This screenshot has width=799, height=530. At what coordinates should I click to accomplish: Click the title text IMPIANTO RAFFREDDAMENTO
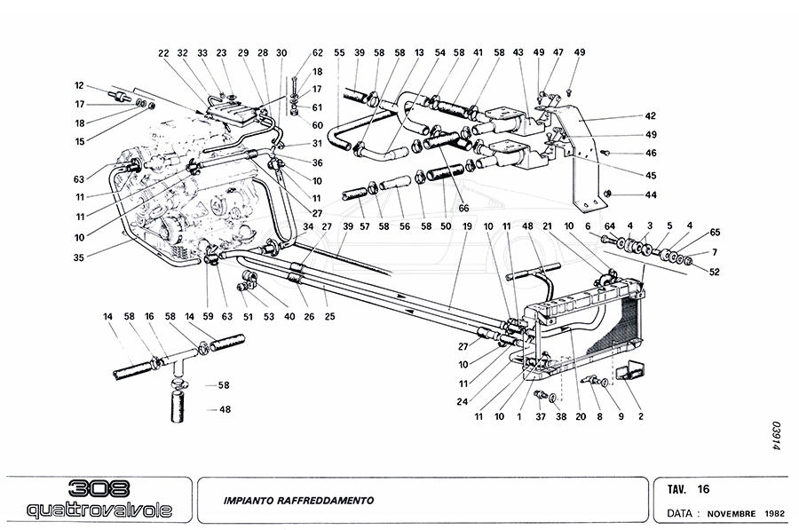[x=298, y=501]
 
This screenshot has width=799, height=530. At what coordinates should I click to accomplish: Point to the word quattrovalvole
[x=99, y=510]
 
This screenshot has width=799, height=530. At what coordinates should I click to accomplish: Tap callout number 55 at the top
[x=338, y=52]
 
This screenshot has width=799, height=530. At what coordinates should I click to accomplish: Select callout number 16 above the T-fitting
[x=149, y=316]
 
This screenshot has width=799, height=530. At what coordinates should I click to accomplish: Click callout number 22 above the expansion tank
[x=163, y=52]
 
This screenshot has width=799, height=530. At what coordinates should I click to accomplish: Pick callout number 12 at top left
[x=79, y=85]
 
